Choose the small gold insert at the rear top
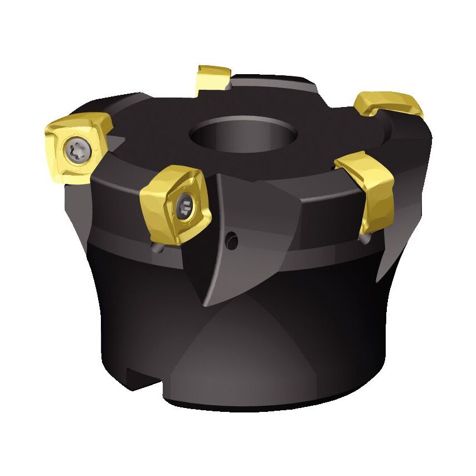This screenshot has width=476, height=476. pyautogui.click(x=212, y=77)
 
